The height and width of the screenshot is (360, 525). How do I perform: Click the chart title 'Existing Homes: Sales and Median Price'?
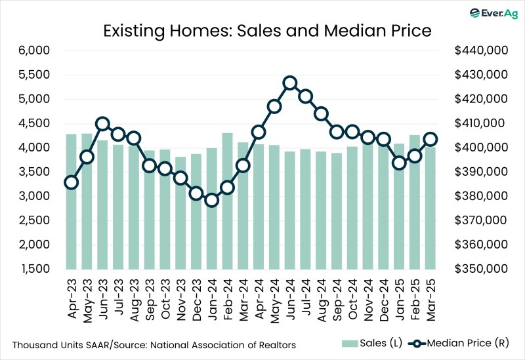click(262, 30)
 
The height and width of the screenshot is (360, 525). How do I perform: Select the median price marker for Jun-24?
click(290, 83)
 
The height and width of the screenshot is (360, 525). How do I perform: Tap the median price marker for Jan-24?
click(211, 200)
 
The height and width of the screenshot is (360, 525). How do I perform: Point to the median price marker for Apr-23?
click(71, 182)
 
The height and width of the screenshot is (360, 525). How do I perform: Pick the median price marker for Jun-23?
click(102, 124)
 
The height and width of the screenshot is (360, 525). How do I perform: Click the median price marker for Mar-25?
click(430, 139)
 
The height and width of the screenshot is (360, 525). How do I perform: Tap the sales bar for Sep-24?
click(337, 210)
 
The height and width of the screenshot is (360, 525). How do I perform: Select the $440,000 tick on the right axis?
click(477, 50)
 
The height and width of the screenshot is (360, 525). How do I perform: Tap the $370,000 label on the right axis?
click(477, 220)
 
